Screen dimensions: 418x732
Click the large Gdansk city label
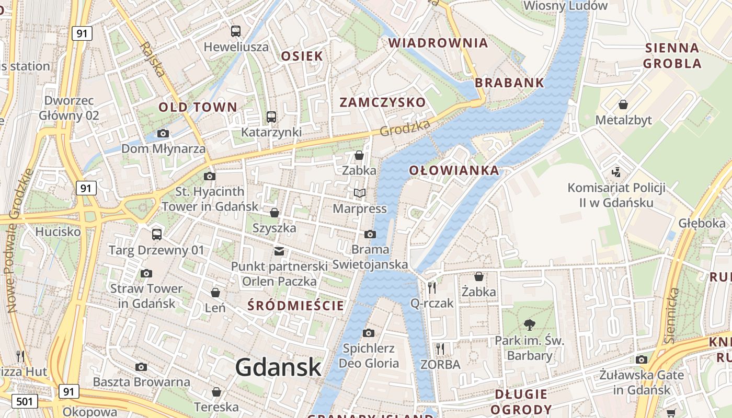(x=278, y=367)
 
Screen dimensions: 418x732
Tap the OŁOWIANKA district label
(x=454, y=170)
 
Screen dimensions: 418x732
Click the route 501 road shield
(x=24, y=401)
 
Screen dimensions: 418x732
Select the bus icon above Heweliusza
(x=236, y=31)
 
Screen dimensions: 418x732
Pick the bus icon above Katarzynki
(x=271, y=117)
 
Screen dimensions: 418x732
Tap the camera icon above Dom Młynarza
(x=163, y=133)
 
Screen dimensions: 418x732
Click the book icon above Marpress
(x=359, y=193)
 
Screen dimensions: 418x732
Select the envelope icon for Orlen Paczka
(x=279, y=251)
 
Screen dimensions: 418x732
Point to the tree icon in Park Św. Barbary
(x=530, y=325)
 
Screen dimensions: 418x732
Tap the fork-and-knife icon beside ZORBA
(x=440, y=349)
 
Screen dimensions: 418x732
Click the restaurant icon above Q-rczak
(x=432, y=287)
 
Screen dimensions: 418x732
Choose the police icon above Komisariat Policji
(x=616, y=172)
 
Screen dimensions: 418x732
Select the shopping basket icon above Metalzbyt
(x=623, y=104)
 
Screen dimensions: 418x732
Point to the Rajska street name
(x=152, y=60)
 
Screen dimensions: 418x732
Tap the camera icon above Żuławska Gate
(x=642, y=359)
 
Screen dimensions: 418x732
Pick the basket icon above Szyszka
(x=274, y=213)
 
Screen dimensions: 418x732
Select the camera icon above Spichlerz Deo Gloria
(x=368, y=333)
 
